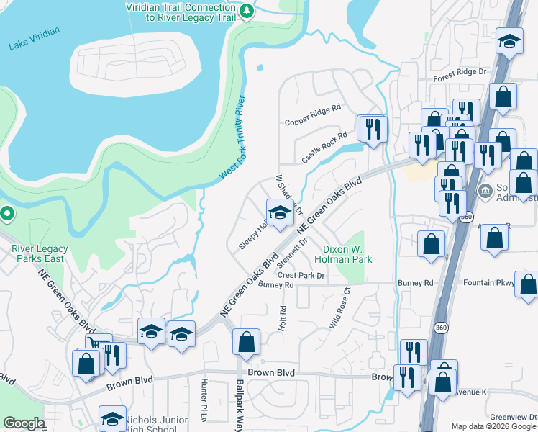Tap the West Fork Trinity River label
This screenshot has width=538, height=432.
[232, 138]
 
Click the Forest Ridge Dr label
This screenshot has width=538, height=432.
[460, 72]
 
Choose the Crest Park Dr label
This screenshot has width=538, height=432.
[301, 275]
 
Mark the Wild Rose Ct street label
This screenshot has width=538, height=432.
[339, 309]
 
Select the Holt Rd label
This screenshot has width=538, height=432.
[283, 318]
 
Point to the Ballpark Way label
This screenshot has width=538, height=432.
[240, 404]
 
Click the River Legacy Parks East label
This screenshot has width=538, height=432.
[40, 254]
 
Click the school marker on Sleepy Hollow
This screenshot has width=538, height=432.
[280, 212]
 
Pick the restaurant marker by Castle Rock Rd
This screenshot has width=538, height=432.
[373, 129]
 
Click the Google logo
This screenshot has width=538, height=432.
[24, 423]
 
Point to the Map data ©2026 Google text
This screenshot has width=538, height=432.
[493, 426]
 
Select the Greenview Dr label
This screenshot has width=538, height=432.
[512, 417]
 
